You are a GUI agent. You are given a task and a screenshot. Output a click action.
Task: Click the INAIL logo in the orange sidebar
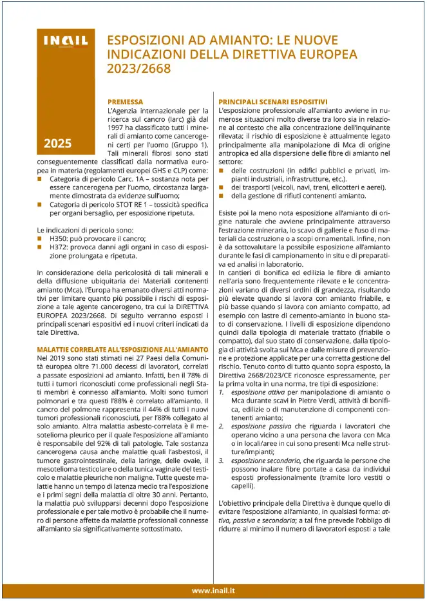[x=65, y=42]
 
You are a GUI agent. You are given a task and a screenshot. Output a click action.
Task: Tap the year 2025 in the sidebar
[x=58, y=143]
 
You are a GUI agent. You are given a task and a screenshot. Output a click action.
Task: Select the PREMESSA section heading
[x=125, y=102]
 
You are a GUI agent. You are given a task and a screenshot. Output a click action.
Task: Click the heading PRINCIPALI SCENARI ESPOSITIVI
[x=272, y=102]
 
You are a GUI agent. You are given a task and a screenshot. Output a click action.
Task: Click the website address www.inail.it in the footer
[x=213, y=589]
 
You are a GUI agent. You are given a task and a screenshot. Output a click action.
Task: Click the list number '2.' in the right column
[x=222, y=426]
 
